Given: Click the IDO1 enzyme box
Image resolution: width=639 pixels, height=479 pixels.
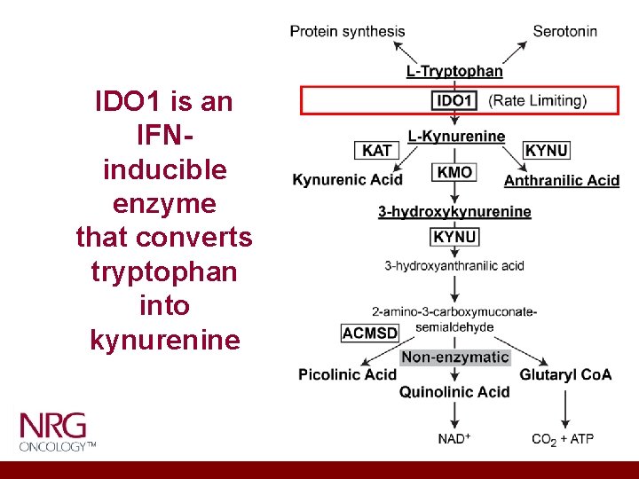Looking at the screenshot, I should [x=454, y=100].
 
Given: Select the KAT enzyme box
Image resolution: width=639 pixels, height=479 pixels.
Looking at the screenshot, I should [x=377, y=150].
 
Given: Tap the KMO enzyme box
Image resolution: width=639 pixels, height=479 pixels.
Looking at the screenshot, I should [x=454, y=172].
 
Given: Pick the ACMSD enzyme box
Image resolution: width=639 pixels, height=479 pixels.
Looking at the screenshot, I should [x=370, y=333].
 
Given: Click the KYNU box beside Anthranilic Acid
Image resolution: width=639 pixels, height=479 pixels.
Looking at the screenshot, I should [x=547, y=150].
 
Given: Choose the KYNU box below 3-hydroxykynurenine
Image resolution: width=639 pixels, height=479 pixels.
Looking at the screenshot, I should [x=454, y=237].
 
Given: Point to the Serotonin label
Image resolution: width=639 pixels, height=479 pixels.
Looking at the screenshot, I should [x=564, y=31].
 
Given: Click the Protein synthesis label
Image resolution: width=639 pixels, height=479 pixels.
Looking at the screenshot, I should [x=347, y=31].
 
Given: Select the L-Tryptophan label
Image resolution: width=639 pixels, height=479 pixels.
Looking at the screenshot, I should [x=454, y=71].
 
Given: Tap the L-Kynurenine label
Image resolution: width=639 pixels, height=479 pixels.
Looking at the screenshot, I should [x=456, y=136].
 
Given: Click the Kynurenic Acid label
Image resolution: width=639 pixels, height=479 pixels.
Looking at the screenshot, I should [x=348, y=180].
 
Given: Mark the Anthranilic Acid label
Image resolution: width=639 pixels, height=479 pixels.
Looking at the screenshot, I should [x=561, y=180].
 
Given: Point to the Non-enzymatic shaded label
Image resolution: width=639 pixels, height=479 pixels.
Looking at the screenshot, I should [x=455, y=357].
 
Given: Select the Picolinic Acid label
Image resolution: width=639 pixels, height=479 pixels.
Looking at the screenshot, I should [x=347, y=374].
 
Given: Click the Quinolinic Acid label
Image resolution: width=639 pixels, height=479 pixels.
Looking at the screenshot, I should [x=454, y=391].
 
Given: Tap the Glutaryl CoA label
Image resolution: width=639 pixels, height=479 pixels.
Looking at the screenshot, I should [x=565, y=374].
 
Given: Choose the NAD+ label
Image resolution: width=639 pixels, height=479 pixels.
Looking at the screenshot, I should [x=454, y=438].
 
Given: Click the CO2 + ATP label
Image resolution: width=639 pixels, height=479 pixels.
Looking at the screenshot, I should [x=563, y=439].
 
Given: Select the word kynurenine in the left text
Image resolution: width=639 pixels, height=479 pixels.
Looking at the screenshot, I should [x=165, y=340].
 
